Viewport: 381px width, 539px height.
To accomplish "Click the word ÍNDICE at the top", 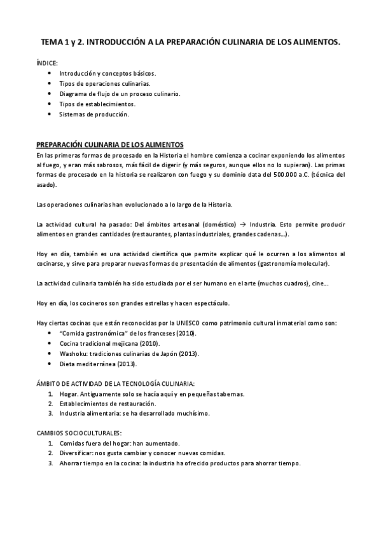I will click(46, 64).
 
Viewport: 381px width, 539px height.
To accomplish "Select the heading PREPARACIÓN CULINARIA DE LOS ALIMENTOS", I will click(110, 145).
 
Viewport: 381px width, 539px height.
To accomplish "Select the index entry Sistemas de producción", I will click(94, 114).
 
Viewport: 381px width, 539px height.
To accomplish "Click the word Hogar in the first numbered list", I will click(69, 393).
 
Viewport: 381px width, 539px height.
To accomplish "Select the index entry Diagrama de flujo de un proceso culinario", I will click(120, 93).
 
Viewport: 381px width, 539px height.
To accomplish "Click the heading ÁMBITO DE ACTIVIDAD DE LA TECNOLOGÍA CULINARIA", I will click(116, 383).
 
